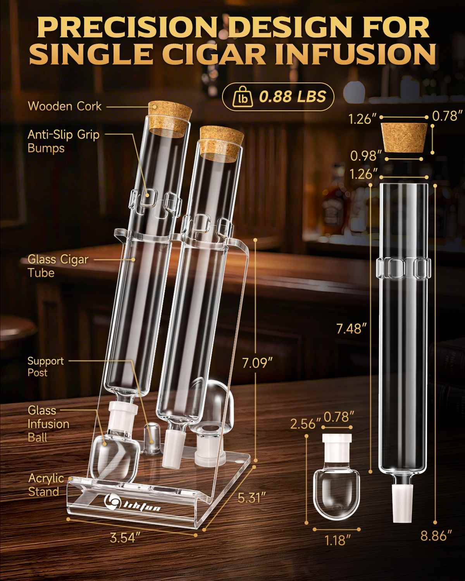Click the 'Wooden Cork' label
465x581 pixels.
pyautogui.click(x=65, y=107)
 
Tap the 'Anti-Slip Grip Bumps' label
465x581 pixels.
pyautogui.click(x=64, y=141)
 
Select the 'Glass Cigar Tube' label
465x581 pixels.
pyautogui.click(x=58, y=266)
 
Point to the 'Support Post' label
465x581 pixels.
pyautogui.click(x=46, y=367)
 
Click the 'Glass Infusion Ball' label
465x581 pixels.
pyautogui.click(x=48, y=424)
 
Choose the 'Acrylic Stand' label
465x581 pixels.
pyautogui.click(x=46, y=485)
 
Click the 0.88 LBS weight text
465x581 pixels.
pyautogui.click(x=292, y=96)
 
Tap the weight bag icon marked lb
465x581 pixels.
pyautogui.click(x=243, y=97)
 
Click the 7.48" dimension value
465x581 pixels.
pyautogui.click(x=351, y=329)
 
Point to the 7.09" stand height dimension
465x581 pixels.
pyautogui.click(x=257, y=363)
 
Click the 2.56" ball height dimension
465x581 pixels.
pyautogui.click(x=305, y=424)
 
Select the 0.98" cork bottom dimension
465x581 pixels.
pyautogui.click(x=366, y=156)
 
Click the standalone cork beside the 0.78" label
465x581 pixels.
pyautogui.click(x=404, y=138)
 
